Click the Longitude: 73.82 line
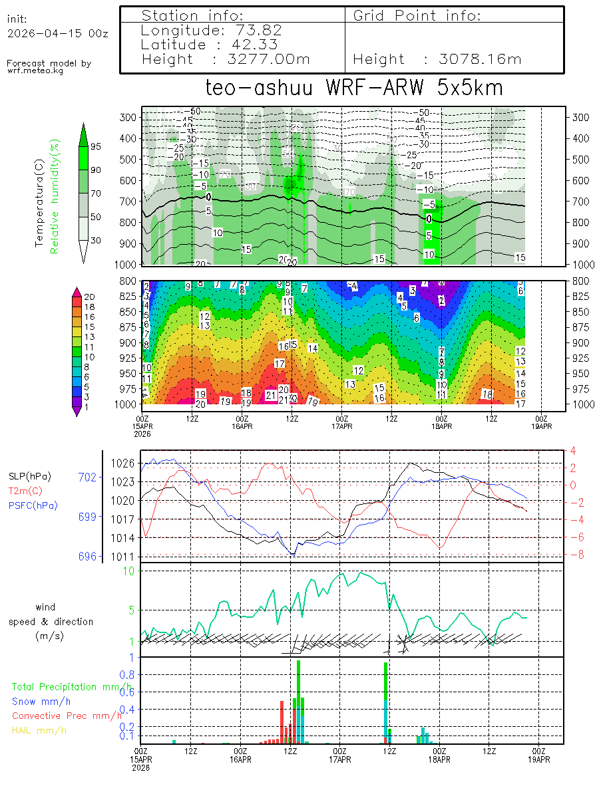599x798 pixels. [212, 30]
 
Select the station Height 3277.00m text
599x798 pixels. [226, 59]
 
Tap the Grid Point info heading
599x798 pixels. [417, 15]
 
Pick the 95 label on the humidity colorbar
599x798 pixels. [96, 146]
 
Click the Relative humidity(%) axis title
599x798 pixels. [57, 196]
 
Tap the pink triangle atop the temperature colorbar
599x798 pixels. [77, 291]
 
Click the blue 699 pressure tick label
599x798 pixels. [87, 517]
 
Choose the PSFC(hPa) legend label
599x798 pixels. [33, 505]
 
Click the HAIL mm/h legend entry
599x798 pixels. [39, 730]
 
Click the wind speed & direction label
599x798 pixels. [51, 622]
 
